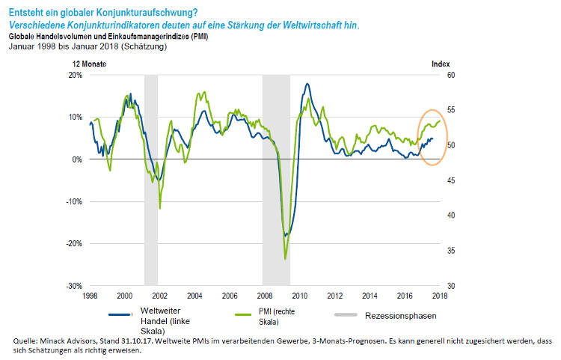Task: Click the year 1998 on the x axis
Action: pyautogui.click(x=90, y=296)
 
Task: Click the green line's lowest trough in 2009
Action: pyautogui.click(x=286, y=259)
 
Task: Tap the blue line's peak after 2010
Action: pyautogui.click(x=307, y=84)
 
